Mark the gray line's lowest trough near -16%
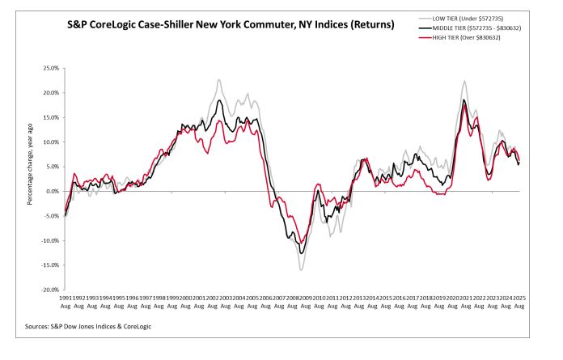click(301, 269)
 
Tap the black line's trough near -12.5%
click(302, 253)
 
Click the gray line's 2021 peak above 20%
click(464, 81)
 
